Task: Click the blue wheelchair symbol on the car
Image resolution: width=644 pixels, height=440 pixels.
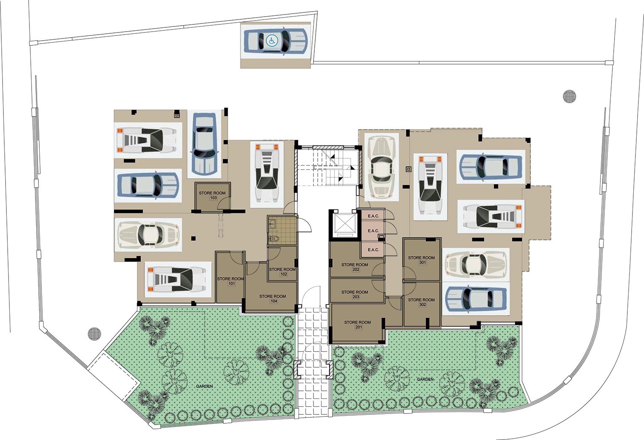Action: coord(271,41)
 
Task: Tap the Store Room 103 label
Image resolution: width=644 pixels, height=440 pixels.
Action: coord(212,195)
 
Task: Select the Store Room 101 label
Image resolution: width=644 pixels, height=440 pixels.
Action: coord(231,281)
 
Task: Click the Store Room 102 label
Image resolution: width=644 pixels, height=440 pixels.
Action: coord(282,272)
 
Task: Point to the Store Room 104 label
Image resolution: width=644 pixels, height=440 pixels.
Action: coord(272,298)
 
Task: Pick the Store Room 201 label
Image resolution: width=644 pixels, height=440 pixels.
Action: coord(357,325)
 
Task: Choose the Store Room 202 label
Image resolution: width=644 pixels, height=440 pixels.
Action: coord(355,267)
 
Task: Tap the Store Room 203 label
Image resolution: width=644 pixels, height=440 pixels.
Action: coord(355,294)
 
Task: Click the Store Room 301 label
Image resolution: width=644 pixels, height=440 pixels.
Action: coord(422,260)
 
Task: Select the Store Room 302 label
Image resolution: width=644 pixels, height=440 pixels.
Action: coord(422,302)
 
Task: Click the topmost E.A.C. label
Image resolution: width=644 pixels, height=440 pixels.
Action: coord(374,216)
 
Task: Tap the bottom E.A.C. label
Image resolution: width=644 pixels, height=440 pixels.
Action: coord(374,250)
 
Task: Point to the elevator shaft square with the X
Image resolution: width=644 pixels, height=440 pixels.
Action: coord(345,223)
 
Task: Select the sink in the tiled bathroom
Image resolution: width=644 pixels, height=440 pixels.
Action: coord(272,223)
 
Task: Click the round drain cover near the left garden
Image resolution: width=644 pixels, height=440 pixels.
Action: coord(95,334)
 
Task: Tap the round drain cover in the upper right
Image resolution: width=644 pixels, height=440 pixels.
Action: coord(570,96)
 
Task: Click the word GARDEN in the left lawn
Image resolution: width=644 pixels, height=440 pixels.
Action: coord(205,386)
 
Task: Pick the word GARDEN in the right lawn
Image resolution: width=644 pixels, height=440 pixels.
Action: coord(425,380)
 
